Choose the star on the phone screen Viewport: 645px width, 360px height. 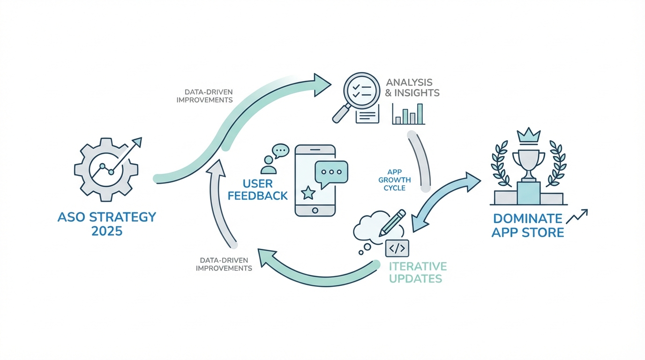coord(307,192)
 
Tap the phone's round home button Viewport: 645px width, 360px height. coord(315,210)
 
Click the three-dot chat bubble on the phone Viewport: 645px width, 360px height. coord(331,172)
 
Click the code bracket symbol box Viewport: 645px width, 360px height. coord(397,247)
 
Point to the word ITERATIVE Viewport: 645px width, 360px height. coord(418,266)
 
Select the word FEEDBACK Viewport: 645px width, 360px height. coord(258,195)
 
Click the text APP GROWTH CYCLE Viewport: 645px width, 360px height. coord(394,180)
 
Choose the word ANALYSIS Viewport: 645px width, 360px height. coord(409,82)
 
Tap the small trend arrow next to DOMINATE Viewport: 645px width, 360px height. coord(577,216)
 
